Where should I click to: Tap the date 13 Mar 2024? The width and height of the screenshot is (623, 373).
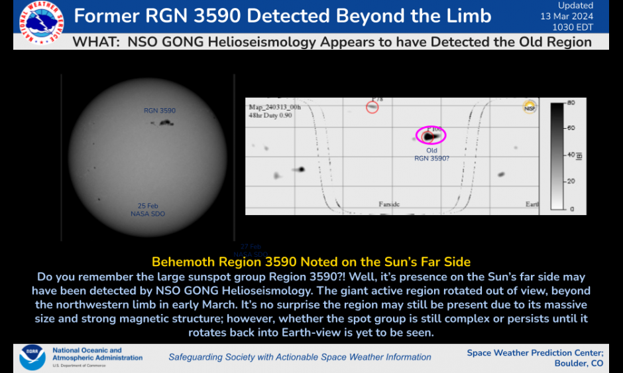(567, 16)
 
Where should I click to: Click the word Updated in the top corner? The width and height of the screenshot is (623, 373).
(575, 5)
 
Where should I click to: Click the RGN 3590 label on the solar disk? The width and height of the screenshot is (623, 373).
(160, 111)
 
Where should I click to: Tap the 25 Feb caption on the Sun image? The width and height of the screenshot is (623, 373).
(148, 206)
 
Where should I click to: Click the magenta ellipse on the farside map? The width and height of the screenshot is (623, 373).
(431, 135)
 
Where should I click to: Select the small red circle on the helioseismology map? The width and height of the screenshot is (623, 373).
(372, 107)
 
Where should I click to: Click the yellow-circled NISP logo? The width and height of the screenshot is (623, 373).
(530, 107)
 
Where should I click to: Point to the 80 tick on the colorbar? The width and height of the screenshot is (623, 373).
(571, 103)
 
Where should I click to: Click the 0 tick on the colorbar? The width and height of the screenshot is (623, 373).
(573, 209)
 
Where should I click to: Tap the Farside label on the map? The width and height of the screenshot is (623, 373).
(389, 204)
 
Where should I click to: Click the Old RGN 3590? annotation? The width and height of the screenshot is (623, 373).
(431, 154)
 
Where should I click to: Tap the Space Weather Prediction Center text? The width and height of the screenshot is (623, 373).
(535, 352)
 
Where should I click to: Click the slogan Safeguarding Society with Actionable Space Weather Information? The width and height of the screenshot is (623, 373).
(300, 357)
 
